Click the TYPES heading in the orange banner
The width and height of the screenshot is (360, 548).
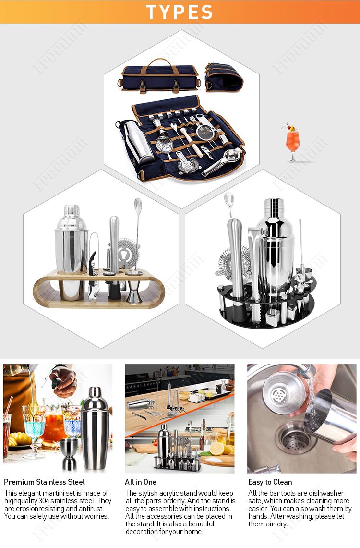(x=180, y=12)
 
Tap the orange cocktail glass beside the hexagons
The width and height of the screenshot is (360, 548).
(x=292, y=141)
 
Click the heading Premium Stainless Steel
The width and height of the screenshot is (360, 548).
(x=44, y=482)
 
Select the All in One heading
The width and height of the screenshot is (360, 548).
(x=141, y=482)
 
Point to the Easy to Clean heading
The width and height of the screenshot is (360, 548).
(x=270, y=482)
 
